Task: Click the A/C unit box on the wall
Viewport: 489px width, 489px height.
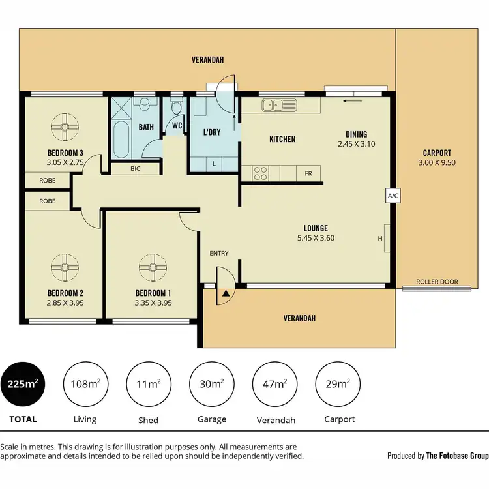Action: pos(393,195)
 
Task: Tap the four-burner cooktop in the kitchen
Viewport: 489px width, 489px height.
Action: pos(260,173)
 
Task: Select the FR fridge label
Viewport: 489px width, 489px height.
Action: pos(308,174)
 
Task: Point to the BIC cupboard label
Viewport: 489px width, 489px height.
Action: pos(135,169)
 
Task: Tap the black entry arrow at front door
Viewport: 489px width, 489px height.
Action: pos(226,295)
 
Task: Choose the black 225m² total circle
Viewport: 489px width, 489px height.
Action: pos(23,383)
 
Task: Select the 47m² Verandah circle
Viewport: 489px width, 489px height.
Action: pos(274,383)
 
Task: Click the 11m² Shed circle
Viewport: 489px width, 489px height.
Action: pos(148,383)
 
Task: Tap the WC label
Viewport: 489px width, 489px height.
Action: pos(177,126)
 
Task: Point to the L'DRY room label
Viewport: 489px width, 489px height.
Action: pos(212,132)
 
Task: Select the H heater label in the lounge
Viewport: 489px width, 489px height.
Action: pos(379,238)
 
